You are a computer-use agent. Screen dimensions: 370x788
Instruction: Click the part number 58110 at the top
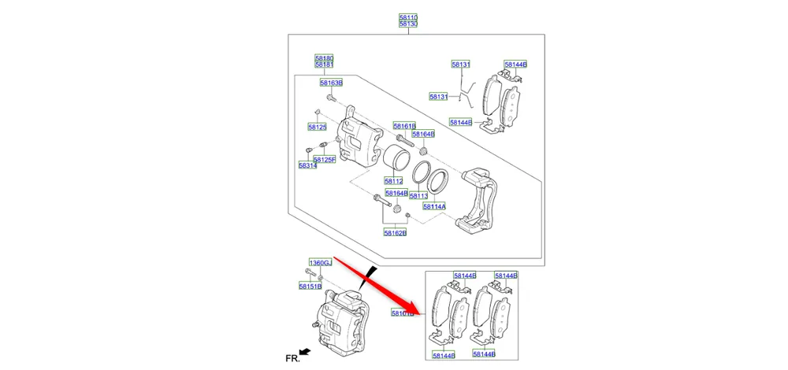[407, 17]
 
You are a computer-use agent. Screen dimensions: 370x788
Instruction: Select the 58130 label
[407, 24]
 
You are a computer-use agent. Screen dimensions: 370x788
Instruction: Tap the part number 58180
[325, 57]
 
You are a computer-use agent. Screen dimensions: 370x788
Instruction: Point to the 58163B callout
[331, 83]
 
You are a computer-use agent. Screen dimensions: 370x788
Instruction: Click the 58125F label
[325, 159]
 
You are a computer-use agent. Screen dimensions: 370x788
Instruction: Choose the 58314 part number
[307, 165]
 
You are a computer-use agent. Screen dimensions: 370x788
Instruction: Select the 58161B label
[404, 126]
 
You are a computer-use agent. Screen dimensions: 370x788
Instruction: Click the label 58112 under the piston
[394, 181]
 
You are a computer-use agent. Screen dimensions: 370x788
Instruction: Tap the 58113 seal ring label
[418, 195]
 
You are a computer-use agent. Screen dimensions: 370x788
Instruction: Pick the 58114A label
[434, 206]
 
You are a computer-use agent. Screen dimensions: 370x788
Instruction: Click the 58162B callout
[395, 232]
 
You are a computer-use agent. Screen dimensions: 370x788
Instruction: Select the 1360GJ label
[320, 262]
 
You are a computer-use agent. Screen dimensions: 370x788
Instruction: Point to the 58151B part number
[310, 287]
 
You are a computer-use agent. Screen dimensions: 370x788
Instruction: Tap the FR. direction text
[292, 357]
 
